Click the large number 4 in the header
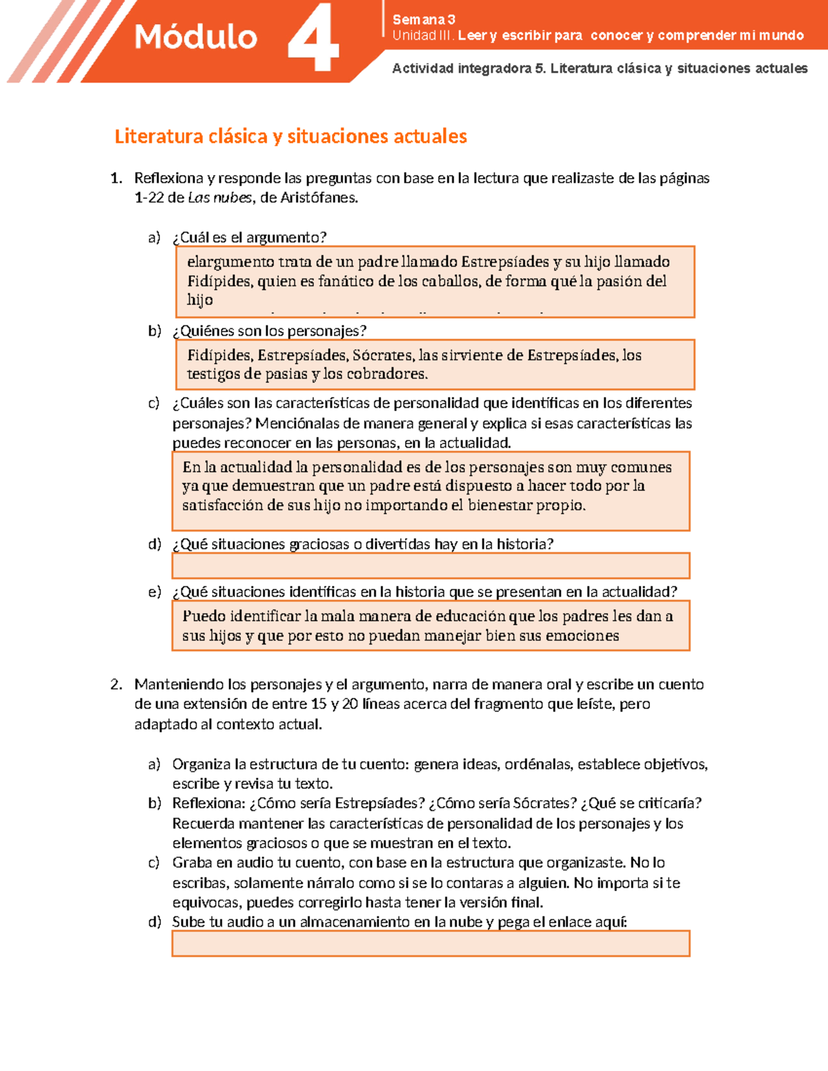point(313,39)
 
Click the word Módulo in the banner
point(195,37)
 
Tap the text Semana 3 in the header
point(423,19)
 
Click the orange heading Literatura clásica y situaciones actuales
point(290,137)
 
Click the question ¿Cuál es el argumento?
point(249,237)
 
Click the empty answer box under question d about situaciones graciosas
point(431,565)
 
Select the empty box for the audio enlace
point(431,943)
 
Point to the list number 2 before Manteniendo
point(116,684)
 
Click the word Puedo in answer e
point(203,617)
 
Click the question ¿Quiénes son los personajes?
point(269,331)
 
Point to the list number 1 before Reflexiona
point(116,178)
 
